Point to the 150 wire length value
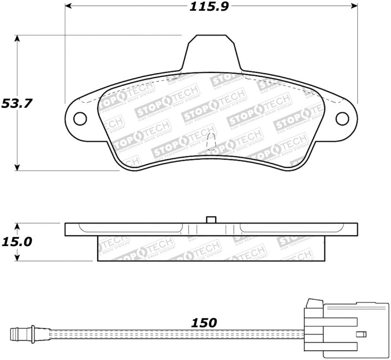tap(203, 323)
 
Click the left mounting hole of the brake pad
tap(80, 118)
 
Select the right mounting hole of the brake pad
tap(342, 118)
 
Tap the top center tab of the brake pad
tap(211, 51)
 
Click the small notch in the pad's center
tap(211, 142)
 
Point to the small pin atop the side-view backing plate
tap(211, 219)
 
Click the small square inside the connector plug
tap(361, 334)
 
